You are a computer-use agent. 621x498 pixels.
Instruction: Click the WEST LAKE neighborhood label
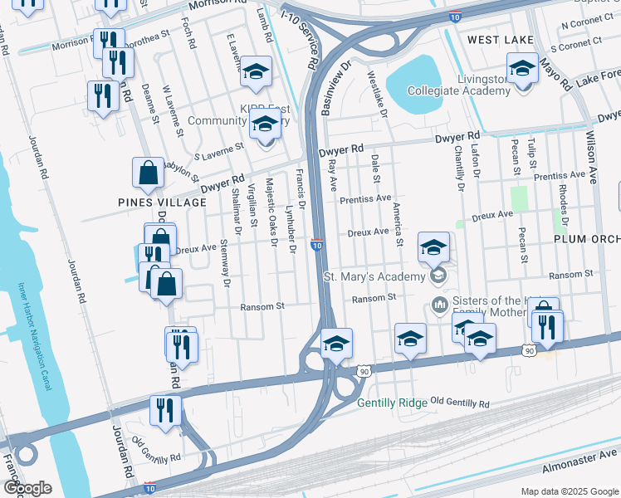click(x=499, y=39)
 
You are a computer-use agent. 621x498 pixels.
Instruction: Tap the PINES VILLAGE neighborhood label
click(x=162, y=203)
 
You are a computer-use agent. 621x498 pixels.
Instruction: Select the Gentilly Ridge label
click(x=392, y=403)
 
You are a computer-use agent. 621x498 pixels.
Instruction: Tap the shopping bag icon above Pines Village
click(x=148, y=173)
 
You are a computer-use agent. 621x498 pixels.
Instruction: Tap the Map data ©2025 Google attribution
click(x=569, y=491)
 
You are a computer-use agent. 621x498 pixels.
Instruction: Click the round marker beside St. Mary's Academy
click(x=438, y=276)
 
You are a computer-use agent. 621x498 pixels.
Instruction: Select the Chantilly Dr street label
click(x=458, y=168)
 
